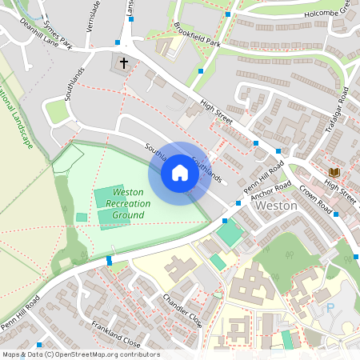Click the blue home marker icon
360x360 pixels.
coord(180,173)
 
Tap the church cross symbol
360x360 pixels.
coord(124,62)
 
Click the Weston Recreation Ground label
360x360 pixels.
coord(128,203)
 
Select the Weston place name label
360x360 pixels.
coord(276,206)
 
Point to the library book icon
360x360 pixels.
coord(334,172)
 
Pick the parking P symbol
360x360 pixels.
coord(330,307)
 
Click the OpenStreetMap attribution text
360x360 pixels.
coord(80,354)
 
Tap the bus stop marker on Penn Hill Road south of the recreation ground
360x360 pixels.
coord(110,261)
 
